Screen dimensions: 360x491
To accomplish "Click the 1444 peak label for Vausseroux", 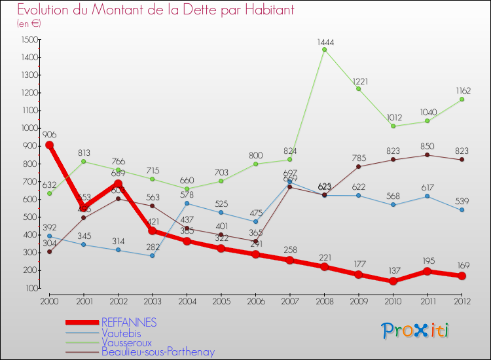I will click(x=325, y=42).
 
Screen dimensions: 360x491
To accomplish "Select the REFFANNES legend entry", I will click(x=128, y=322).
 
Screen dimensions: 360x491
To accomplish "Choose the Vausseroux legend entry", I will click(x=126, y=342).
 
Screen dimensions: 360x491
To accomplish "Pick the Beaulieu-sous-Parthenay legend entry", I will click(x=158, y=351).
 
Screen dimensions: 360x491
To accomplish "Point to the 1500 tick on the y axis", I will click(x=29, y=40).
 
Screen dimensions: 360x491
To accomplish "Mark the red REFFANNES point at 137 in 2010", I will click(x=393, y=281).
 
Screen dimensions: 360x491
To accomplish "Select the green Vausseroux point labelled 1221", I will click(x=359, y=88).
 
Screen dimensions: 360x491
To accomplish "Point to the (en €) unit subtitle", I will click(x=29, y=24).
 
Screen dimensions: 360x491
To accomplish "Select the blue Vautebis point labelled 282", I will click(x=152, y=255).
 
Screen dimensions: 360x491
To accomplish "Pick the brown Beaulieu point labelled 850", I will click(x=427, y=154).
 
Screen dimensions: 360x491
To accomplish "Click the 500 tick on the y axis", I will click(x=30, y=217).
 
